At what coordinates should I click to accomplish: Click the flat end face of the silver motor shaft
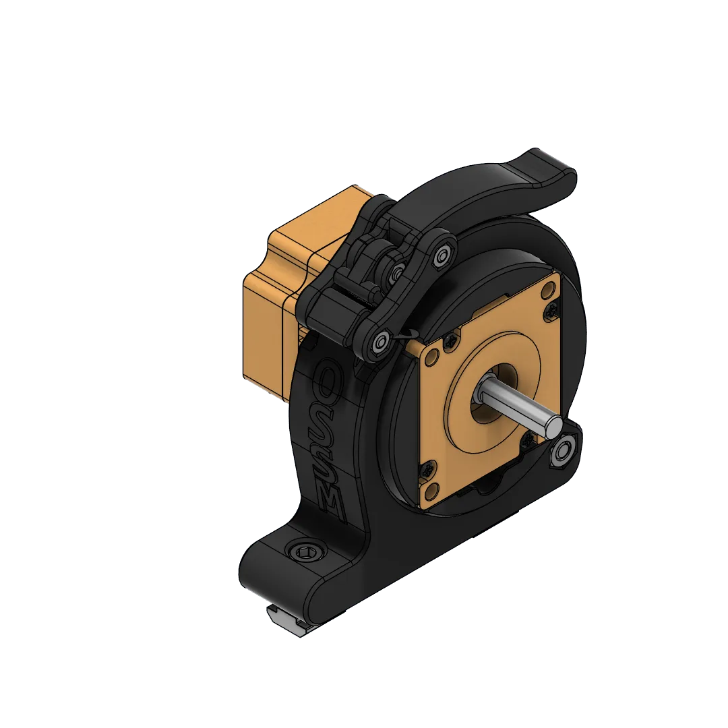(553, 424)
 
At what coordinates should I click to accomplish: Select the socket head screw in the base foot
(307, 553)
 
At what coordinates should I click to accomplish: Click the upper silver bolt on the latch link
(442, 255)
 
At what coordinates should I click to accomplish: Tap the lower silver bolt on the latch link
(379, 344)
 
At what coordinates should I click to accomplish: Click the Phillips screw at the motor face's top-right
(551, 309)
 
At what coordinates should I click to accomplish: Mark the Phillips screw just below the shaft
(527, 442)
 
